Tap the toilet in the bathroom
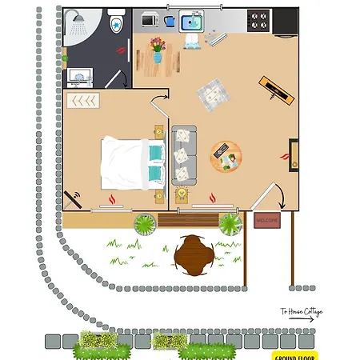[116, 22]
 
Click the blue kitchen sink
[191, 19]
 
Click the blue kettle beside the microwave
[170, 17]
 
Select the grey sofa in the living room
[185, 154]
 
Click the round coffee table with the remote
[225, 157]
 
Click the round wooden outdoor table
[194, 253]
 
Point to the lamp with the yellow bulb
[182, 194]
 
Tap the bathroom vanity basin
[80, 78]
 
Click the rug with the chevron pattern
[83, 101]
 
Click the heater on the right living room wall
[294, 154]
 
